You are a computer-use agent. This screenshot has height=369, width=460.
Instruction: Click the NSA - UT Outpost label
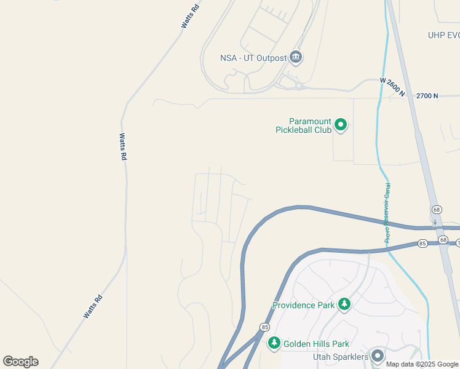coord(253,58)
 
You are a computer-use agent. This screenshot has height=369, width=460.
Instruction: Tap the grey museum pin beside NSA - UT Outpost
coord(296,58)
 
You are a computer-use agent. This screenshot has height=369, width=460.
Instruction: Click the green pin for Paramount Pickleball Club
coord(340,126)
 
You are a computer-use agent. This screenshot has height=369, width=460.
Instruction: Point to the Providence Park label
coord(304,305)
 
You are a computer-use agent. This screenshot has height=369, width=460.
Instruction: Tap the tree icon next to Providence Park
coord(344,304)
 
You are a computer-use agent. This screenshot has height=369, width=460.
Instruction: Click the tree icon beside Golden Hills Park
coord(274,343)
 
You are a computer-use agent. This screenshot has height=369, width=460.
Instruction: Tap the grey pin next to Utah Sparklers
coord(377,356)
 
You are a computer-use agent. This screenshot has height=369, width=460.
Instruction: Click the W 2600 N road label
coord(392,88)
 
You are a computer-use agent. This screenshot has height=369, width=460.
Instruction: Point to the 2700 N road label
coord(427,96)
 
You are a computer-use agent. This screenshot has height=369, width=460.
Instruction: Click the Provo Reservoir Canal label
coord(387,213)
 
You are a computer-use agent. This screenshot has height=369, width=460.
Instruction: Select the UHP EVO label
coord(444,35)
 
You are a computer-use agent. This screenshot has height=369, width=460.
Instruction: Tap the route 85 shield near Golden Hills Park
coord(264,327)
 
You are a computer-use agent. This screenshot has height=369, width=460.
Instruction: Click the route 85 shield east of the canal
coord(422,244)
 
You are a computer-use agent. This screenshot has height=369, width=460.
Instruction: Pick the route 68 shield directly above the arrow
coord(435,210)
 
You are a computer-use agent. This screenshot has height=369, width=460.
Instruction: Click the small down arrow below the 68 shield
coord(435,221)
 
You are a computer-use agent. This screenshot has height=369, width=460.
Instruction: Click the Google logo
coord(20,362)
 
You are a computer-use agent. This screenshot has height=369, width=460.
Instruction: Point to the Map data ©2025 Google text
coord(422,364)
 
